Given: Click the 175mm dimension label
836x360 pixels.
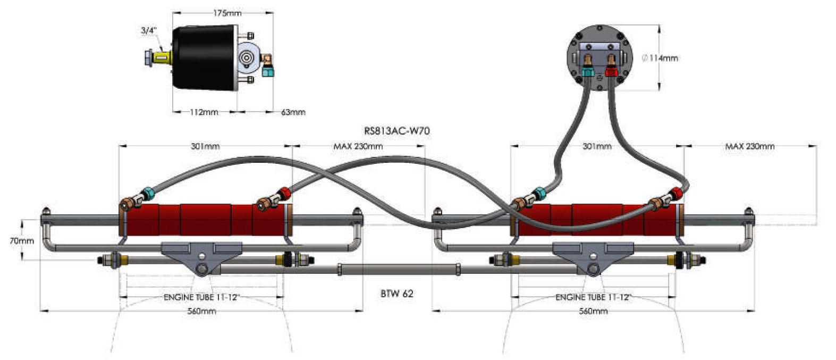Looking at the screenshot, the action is tap(227, 13).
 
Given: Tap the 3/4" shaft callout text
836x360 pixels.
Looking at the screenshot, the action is tap(148, 31).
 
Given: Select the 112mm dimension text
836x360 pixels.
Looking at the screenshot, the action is tap(204, 112).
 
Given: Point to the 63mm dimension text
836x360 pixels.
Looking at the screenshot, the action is tap(293, 112).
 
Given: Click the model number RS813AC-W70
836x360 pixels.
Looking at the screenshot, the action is tap(396, 131).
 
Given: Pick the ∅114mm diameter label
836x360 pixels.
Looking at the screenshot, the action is tap(660, 58).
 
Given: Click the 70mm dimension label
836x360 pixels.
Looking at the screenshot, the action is tap(22, 241).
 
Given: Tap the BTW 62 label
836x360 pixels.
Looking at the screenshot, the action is tap(396, 294).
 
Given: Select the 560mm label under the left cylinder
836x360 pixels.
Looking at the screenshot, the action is tap(201, 311).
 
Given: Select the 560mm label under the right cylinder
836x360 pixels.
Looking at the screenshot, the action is tap(594, 311).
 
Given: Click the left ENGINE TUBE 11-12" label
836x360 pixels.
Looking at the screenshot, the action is tap(201, 297).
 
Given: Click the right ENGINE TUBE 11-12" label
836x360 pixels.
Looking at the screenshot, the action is tap(594, 297).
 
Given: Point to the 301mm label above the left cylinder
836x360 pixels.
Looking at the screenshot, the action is tap(205, 146).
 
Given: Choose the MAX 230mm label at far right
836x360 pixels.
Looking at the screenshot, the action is tap(750, 146).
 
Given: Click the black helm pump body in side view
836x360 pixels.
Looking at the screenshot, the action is tap(205, 57).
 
